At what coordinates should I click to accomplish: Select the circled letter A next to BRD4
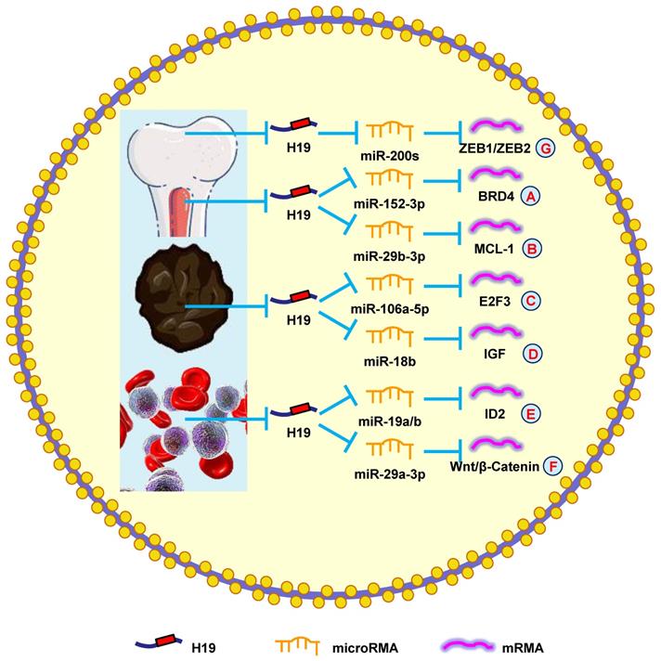tap(531, 198)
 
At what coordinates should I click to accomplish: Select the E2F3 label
tap(493, 302)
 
